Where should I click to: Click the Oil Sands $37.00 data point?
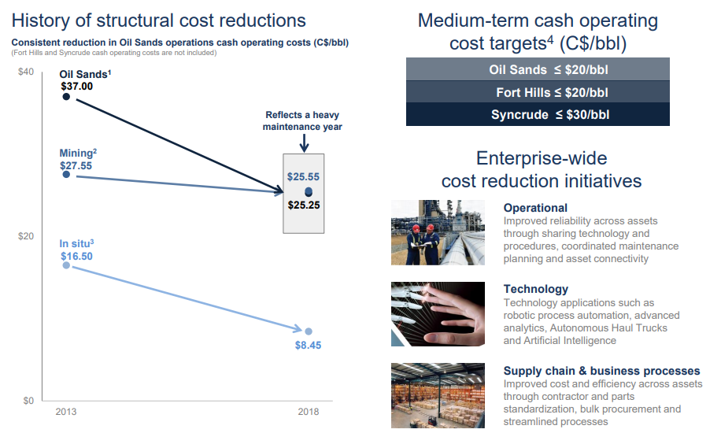tap(66, 97)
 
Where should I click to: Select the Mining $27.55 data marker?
tap(66, 174)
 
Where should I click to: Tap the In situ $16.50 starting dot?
tap(66, 265)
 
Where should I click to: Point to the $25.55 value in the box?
tap(303, 177)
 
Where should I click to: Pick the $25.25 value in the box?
tap(303, 205)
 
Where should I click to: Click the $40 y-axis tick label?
tap(26, 72)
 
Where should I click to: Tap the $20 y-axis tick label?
tap(26, 236)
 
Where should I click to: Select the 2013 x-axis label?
tap(65, 412)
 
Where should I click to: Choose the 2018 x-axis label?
tap(308, 412)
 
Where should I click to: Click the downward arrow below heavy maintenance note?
tap(304, 142)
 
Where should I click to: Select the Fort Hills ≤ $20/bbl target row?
tap(538, 92)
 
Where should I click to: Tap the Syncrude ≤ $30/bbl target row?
tap(538, 114)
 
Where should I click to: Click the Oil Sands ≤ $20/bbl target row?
tap(538, 69)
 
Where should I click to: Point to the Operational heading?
tap(535, 208)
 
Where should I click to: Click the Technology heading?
tap(535, 289)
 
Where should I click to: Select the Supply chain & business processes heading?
tap(601, 370)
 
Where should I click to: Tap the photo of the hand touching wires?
tap(438, 313)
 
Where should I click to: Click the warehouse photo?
tap(438, 394)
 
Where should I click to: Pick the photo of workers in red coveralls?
tap(438, 232)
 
